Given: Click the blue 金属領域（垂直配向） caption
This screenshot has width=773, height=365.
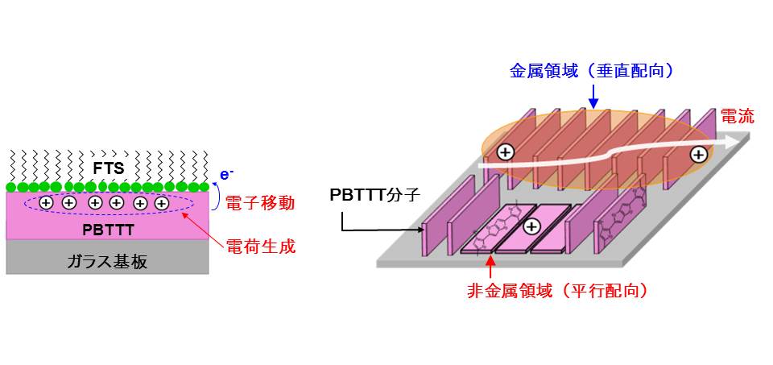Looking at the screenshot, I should click(591, 71).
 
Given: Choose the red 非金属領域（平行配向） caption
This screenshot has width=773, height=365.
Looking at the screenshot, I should click(558, 292).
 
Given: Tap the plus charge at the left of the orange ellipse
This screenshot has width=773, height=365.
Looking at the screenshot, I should click(505, 151).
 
